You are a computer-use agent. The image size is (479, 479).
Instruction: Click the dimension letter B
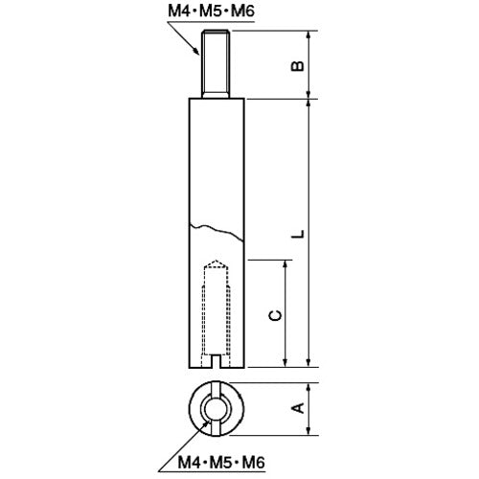298,66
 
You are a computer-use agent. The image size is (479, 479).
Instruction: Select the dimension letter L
298,234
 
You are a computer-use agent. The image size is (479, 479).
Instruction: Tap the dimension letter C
275,315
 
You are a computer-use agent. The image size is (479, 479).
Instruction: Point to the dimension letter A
298,408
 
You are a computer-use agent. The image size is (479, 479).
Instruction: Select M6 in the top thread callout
242,11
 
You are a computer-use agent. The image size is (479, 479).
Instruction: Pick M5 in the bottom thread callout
221,462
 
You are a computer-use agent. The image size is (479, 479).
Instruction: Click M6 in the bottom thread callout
253,462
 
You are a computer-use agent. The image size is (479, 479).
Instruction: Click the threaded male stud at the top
216,64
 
